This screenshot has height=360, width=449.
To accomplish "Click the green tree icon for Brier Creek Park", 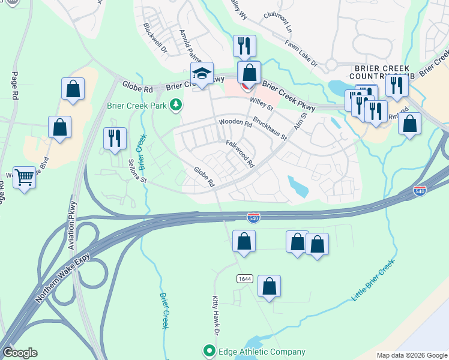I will point(176,106).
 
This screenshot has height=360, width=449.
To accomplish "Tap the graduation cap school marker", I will point(202,74).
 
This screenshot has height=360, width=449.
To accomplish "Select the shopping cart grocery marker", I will point(24,178).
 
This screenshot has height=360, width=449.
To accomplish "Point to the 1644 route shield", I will point(244,279).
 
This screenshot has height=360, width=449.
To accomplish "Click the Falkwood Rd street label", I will point(240,154).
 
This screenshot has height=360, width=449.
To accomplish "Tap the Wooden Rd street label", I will point(235,122).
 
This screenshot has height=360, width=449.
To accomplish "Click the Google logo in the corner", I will point(20,352).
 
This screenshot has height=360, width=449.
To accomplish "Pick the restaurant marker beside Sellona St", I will point(112,139).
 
